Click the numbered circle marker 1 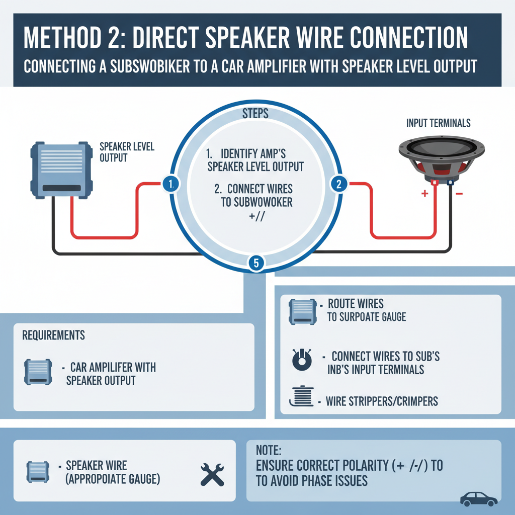click(170, 184)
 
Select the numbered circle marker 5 click(256, 262)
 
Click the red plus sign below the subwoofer click(424, 194)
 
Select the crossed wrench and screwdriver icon click(212, 474)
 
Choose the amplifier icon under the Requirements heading click(37, 373)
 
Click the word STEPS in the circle click(255, 114)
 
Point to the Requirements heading click(53, 335)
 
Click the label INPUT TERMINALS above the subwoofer click(438, 123)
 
